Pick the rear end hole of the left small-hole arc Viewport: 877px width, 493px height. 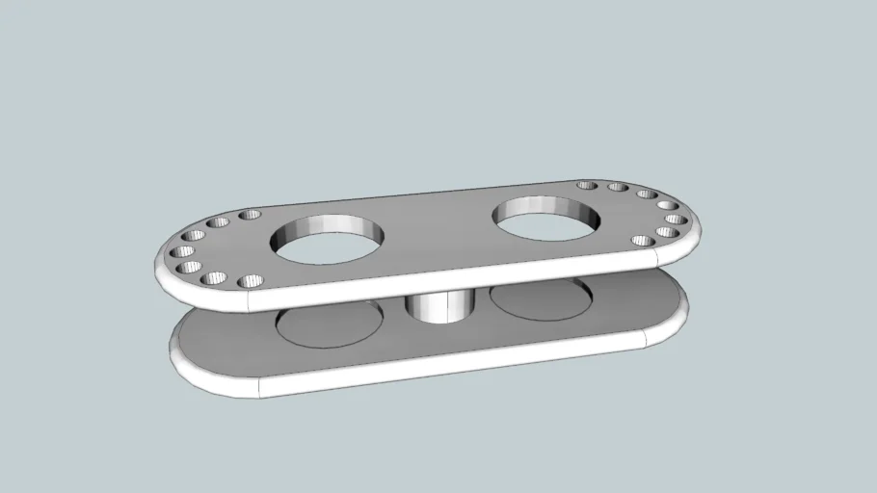(x=250, y=215)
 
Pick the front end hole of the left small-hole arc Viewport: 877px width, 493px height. (x=250, y=282)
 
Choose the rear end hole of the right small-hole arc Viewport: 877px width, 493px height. (x=585, y=185)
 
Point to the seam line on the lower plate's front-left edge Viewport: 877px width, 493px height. (x=258, y=386)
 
